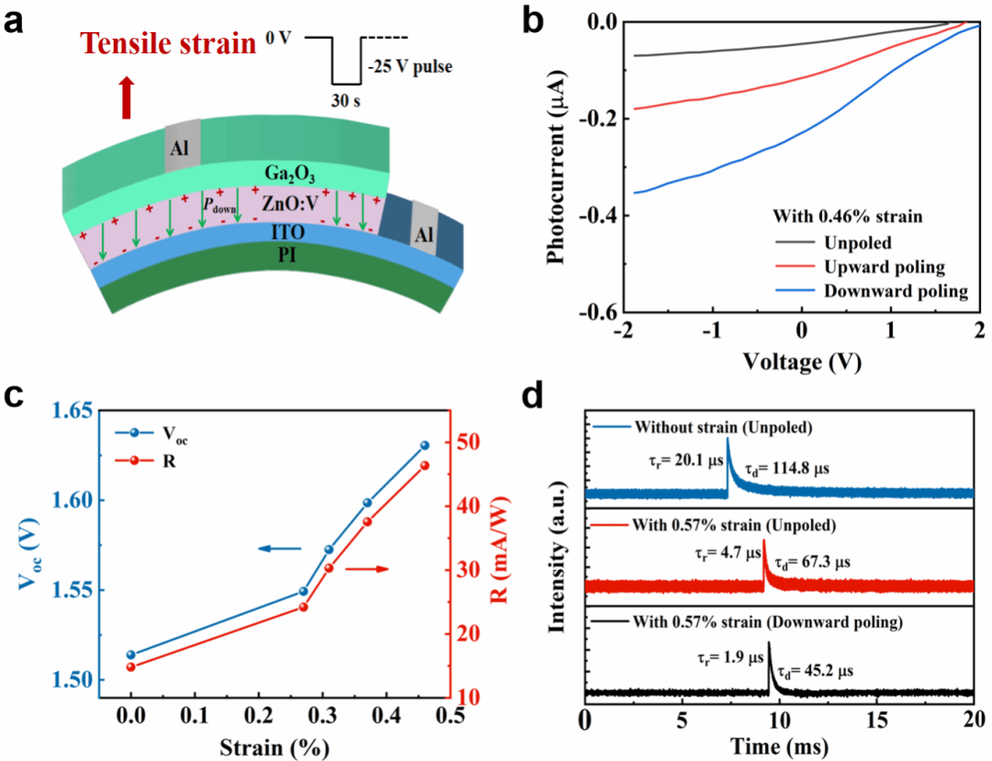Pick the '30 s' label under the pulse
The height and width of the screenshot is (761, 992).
[346, 100]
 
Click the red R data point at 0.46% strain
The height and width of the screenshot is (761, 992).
[424, 465]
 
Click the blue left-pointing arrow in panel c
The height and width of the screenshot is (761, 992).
[278, 549]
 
